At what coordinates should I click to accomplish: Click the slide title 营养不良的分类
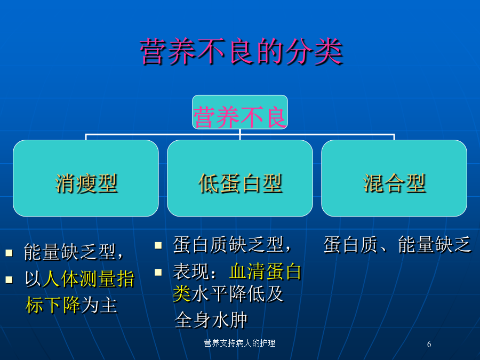click(x=241, y=51)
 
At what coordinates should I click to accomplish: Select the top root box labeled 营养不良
click(x=240, y=112)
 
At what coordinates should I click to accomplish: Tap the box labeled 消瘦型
click(x=86, y=178)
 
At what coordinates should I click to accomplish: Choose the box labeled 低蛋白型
click(x=240, y=178)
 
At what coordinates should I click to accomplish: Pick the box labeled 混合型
click(x=394, y=178)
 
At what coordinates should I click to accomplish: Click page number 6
click(x=429, y=344)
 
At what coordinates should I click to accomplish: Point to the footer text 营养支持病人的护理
click(x=239, y=343)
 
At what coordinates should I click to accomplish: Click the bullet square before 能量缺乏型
click(x=9, y=253)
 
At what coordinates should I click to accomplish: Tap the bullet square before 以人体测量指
click(x=9, y=279)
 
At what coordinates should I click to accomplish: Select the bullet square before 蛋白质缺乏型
click(x=158, y=245)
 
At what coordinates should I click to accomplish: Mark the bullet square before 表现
click(x=158, y=272)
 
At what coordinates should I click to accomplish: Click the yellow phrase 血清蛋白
click(x=266, y=271)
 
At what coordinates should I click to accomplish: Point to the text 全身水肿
click(x=211, y=320)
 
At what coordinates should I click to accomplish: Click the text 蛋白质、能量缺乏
click(x=397, y=245)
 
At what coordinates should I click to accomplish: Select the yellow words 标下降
click(x=53, y=305)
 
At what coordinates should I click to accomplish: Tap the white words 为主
click(x=100, y=305)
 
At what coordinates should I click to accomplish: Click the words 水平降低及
click(x=237, y=293)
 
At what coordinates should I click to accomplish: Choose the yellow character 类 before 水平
click(x=182, y=293)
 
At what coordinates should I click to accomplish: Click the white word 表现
click(x=191, y=271)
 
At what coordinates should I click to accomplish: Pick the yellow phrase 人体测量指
click(x=89, y=279)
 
